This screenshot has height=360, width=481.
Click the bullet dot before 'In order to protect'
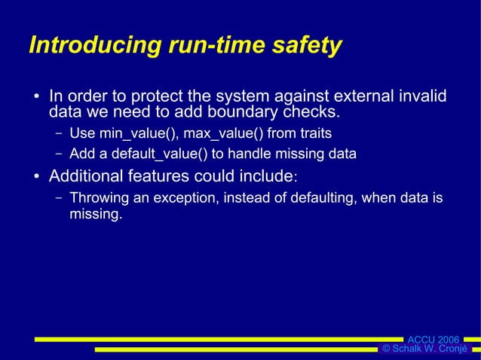(35, 98)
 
